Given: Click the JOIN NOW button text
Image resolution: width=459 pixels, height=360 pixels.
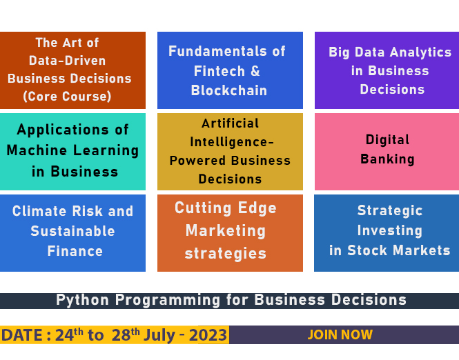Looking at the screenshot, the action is click(340, 334).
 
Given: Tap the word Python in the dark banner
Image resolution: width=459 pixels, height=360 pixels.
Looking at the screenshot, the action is click(82, 300).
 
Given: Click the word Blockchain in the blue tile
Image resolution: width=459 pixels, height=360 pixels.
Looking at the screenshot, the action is click(229, 90).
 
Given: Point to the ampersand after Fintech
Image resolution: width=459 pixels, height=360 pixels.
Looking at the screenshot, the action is click(255, 71).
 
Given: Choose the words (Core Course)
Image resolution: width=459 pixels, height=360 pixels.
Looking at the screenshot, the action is click(67, 97).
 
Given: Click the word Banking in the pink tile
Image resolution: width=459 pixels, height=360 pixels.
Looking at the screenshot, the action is click(387, 159).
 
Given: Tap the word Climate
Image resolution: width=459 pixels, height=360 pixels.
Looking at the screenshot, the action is click(39, 211).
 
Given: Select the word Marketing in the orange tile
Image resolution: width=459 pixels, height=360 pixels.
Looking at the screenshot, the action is click(226, 231).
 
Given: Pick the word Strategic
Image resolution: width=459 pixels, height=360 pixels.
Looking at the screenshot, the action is click(390, 210).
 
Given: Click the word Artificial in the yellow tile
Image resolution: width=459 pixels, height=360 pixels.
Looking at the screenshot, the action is click(230, 123).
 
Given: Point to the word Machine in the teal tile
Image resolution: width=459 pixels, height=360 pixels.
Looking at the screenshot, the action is click(37, 150).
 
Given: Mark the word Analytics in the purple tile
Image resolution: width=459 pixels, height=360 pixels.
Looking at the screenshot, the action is click(420, 52).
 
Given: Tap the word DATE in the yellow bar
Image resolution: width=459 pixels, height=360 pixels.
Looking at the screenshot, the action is click(22, 335).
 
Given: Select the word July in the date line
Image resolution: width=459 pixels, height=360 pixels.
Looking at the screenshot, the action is click(159, 335).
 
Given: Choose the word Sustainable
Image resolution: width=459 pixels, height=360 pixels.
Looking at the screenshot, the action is click(72, 231).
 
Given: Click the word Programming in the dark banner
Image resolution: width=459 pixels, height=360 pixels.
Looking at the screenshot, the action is click(168, 300).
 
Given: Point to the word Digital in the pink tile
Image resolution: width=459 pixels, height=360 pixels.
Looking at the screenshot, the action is click(387, 140).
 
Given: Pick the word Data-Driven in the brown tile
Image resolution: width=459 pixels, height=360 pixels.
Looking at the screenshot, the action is click(67, 61).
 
